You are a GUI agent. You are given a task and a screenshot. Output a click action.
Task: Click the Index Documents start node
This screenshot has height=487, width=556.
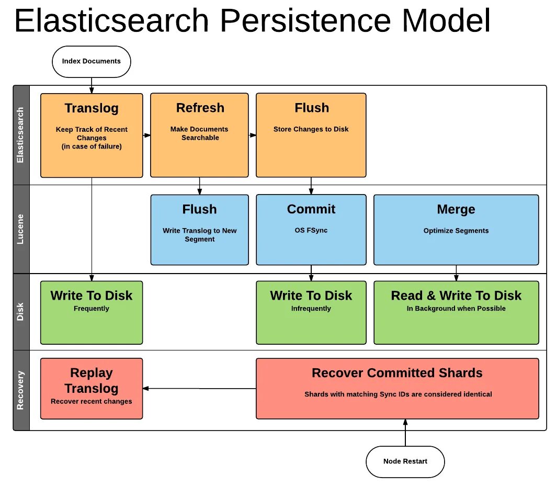coord(91,61)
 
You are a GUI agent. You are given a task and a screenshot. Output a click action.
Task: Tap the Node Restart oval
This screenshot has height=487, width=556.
coord(405,461)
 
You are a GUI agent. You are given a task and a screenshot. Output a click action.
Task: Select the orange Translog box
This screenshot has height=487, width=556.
coord(92,135)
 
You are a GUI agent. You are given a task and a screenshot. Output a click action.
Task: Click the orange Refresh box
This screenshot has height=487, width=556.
coord(199,135)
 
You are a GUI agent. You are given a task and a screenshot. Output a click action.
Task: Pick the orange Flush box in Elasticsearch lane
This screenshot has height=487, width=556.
coord(311,135)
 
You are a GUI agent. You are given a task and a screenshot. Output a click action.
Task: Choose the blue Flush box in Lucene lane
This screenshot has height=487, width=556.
coord(199,230)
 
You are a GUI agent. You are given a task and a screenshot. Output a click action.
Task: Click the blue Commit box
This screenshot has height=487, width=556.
coord(311,230)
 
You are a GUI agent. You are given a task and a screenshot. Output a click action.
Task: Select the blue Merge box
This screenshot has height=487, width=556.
coord(456,230)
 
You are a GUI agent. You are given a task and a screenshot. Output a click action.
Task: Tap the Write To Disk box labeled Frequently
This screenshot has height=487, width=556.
coord(92,312)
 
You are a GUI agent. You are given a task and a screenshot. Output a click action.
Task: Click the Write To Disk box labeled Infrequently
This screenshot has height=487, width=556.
coord(311,312)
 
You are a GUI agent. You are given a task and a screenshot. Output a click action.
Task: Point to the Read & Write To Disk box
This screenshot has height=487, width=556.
coord(456,312)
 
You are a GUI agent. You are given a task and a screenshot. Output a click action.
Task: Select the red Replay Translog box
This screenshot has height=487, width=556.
coord(92,388)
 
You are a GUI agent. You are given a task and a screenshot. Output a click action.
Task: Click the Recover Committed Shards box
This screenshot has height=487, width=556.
coord(397,388)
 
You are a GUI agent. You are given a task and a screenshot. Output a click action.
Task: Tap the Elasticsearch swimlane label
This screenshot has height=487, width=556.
coord(21,135)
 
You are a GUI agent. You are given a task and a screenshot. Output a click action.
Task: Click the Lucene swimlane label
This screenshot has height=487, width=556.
coord(21,229)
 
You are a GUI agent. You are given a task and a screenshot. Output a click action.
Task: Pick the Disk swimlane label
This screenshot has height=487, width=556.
coord(21,312)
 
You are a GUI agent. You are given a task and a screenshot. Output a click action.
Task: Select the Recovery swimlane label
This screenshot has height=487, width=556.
coord(21,390)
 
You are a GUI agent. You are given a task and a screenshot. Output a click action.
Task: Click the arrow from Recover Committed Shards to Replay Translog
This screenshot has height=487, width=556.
coord(199,388)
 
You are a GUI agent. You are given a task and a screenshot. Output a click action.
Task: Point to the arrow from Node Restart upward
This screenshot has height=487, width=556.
coord(405,433)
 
